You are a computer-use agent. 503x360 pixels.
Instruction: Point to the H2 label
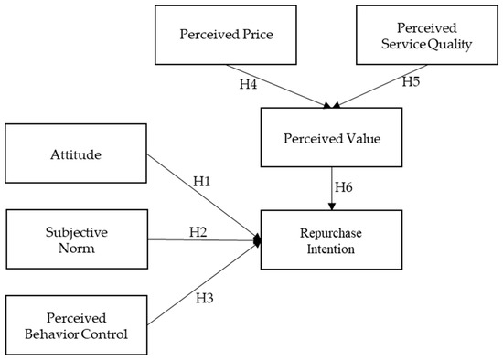pos(198,230)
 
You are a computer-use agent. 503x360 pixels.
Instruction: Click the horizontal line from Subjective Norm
pos(201,240)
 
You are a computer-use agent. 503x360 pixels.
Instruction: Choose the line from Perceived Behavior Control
pos(201,284)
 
